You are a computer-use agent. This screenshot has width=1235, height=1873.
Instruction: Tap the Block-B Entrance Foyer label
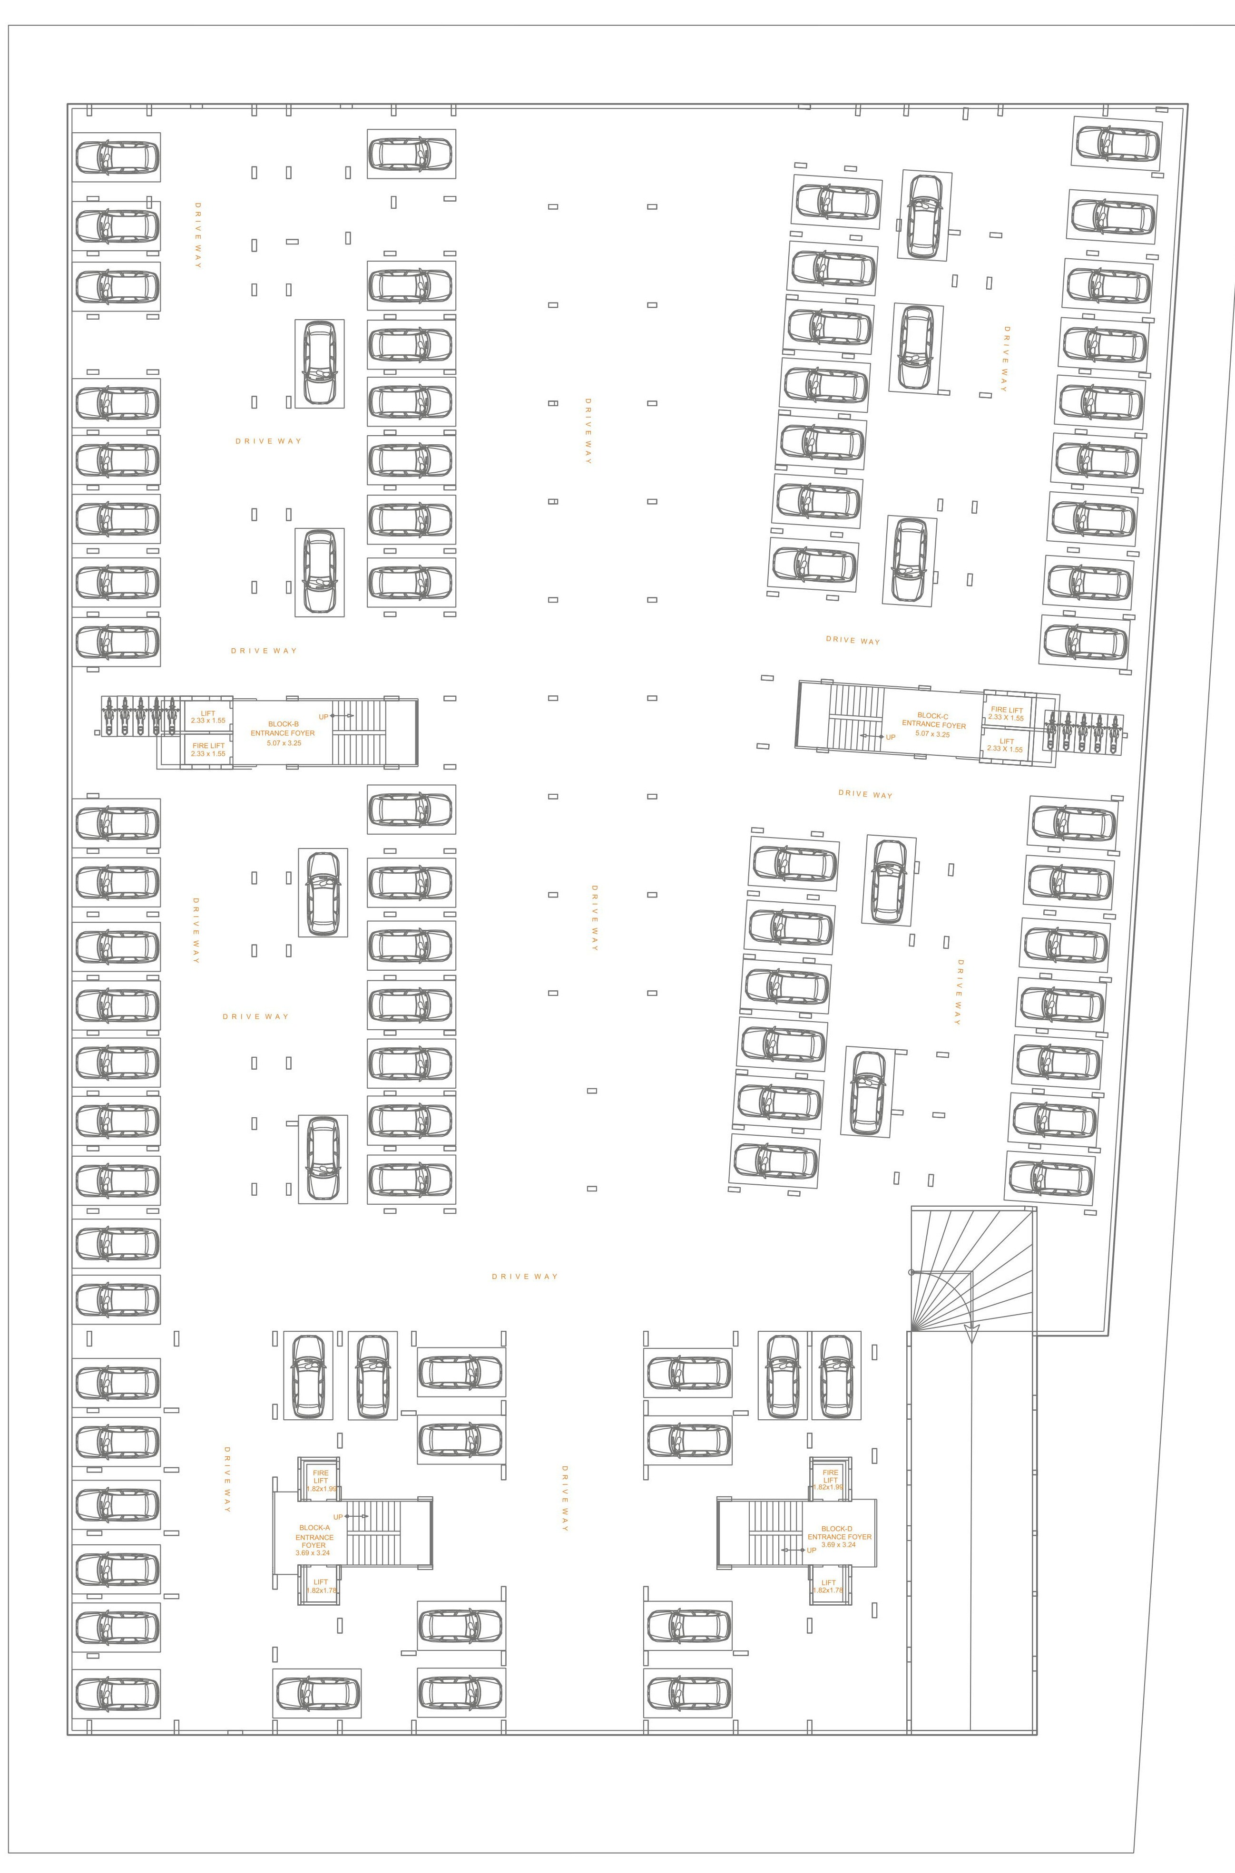(282, 728)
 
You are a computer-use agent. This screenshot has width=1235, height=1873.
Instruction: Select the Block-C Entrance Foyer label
(933, 721)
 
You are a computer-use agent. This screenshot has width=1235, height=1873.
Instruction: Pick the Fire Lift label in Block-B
(208, 746)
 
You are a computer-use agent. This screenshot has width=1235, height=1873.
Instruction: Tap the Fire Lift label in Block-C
(1007, 710)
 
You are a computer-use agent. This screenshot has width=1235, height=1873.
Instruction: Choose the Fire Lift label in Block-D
(830, 1476)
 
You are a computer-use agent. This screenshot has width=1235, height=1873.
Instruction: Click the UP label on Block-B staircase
(323, 716)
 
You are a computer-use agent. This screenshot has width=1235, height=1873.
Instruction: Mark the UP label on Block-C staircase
(891, 738)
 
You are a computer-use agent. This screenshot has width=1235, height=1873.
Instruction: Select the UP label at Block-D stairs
(811, 1550)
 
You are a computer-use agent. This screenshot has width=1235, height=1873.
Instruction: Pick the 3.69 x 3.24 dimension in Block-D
(838, 1545)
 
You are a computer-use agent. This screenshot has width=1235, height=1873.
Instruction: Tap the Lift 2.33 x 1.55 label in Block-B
(208, 716)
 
